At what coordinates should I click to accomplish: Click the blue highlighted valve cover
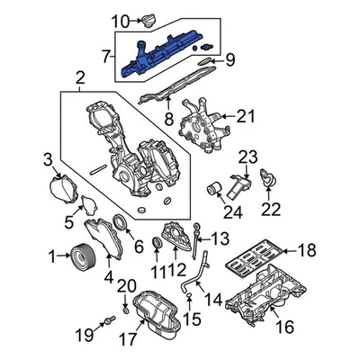point(162,57)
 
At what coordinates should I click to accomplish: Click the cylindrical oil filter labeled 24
point(215,191)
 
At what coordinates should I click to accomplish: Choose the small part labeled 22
point(268,183)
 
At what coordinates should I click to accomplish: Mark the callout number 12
point(180,270)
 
